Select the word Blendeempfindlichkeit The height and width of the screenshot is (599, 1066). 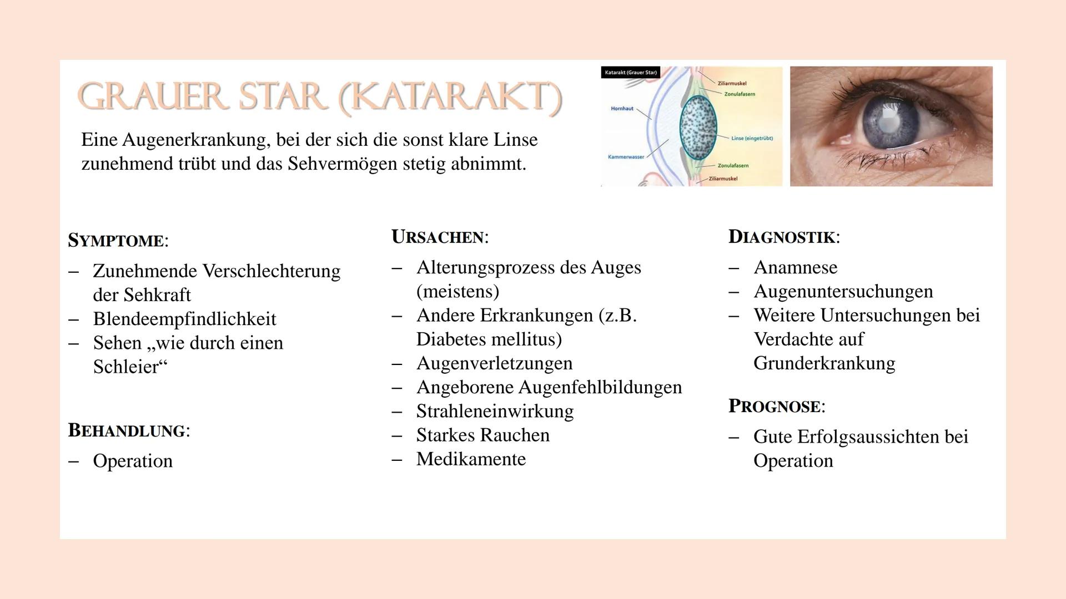point(185,319)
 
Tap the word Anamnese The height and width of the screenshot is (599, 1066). point(796,267)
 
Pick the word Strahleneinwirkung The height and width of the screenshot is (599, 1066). point(495,411)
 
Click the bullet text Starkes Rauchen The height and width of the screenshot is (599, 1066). point(483,435)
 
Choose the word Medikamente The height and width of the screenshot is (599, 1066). point(471,459)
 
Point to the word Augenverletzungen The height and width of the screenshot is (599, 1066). point(495,363)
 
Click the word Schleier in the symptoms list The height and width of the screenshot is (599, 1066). point(126,367)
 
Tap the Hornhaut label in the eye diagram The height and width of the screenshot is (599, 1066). point(622,109)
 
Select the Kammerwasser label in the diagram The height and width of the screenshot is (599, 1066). point(626,157)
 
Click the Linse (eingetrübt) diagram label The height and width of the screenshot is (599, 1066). point(752,138)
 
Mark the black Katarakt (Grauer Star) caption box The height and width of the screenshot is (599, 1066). point(631,73)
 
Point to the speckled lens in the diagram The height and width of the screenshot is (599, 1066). point(698,128)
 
